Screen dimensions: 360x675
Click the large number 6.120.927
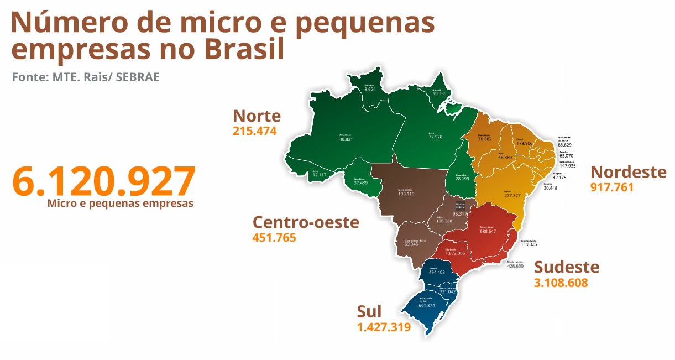point(103,181)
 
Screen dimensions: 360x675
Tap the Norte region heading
point(257,116)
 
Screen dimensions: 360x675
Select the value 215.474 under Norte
point(254,131)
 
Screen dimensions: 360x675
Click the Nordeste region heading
point(628,172)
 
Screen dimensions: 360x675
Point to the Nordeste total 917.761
point(611,187)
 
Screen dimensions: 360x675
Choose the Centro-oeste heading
point(306,222)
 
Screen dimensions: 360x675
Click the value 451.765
point(274,238)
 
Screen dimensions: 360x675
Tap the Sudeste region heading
point(566,267)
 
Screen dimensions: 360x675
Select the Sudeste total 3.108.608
point(561,283)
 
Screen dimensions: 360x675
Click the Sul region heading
point(369,311)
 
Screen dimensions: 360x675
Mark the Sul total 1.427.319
point(384,327)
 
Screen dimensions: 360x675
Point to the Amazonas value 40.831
point(346,139)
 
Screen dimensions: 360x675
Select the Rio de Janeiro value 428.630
point(515,266)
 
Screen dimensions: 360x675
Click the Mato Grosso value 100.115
point(406,194)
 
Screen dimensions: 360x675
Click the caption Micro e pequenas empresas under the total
point(120,204)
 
